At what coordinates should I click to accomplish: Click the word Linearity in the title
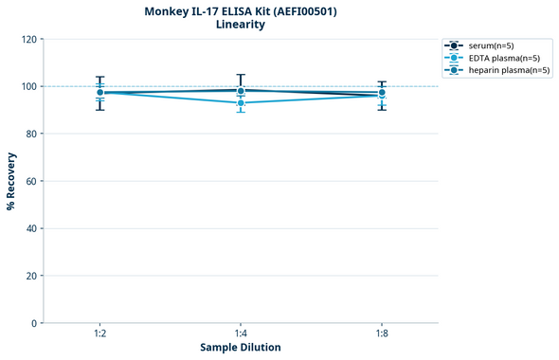[x=241, y=26]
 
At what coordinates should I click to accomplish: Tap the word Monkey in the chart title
[x=168, y=11]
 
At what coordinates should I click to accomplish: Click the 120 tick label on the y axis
[x=28, y=40]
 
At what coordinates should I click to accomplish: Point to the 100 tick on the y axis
[x=28, y=87]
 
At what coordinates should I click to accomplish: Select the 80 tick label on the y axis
[x=31, y=135]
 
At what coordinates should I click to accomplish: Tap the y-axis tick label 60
[x=31, y=182]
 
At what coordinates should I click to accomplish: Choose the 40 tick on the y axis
[x=31, y=229]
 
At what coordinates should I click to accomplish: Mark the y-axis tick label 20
[x=31, y=277]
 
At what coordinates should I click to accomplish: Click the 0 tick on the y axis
[x=34, y=324]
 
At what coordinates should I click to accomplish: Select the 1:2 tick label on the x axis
[x=99, y=333]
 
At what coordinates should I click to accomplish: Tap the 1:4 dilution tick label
[x=241, y=333]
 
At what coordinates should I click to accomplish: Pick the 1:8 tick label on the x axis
[x=381, y=333]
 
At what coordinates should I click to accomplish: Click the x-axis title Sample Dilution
[x=241, y=348]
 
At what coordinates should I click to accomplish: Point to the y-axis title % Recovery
[x=11, y=181]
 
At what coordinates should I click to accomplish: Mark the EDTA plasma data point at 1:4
[x=241, y=102]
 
